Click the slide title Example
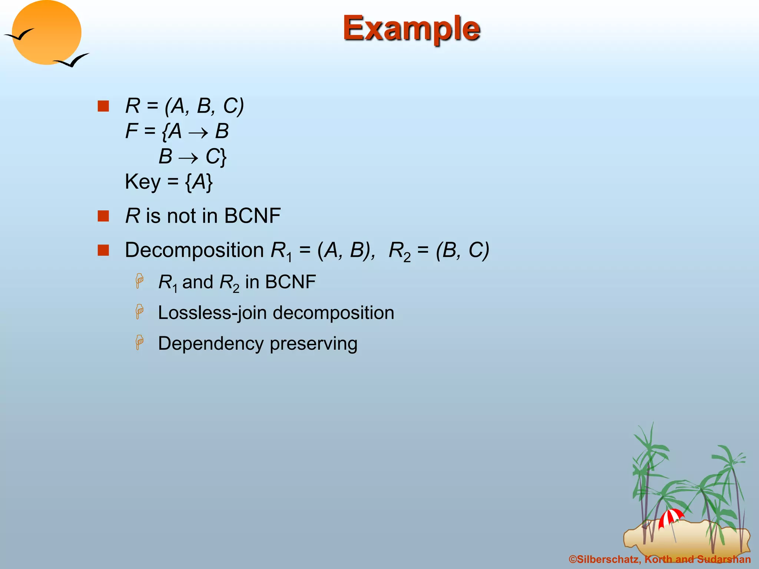[x=411, y=29]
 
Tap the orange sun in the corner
[x=46, y=33]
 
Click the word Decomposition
[x=194, y=250]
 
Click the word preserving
[x=314, y=344]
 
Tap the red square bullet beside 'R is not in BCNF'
[x=103, y=216]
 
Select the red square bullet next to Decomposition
[x=103, y=250]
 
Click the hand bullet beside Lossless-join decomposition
[x=139, y=312]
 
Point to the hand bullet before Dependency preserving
[x=139, y=342]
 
